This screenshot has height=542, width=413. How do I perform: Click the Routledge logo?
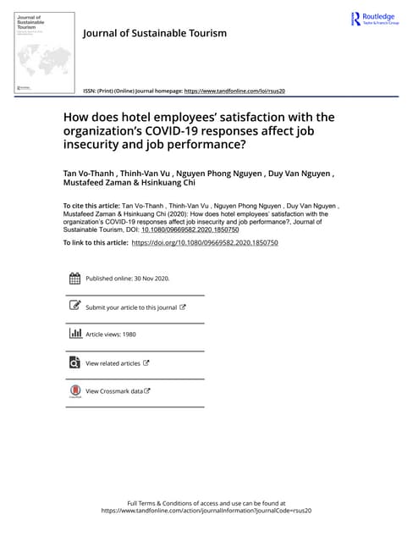373,19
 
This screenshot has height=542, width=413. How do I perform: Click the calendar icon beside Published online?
74,279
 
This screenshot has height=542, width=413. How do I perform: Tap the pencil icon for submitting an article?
74,307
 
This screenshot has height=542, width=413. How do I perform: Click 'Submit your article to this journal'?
131,307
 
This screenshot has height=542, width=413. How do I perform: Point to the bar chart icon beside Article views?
74,335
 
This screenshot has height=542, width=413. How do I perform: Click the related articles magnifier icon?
74,362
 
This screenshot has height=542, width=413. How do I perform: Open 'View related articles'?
113,363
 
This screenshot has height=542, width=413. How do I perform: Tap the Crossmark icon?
74,391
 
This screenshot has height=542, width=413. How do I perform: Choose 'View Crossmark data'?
114,391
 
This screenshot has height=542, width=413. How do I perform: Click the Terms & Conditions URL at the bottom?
206,512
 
